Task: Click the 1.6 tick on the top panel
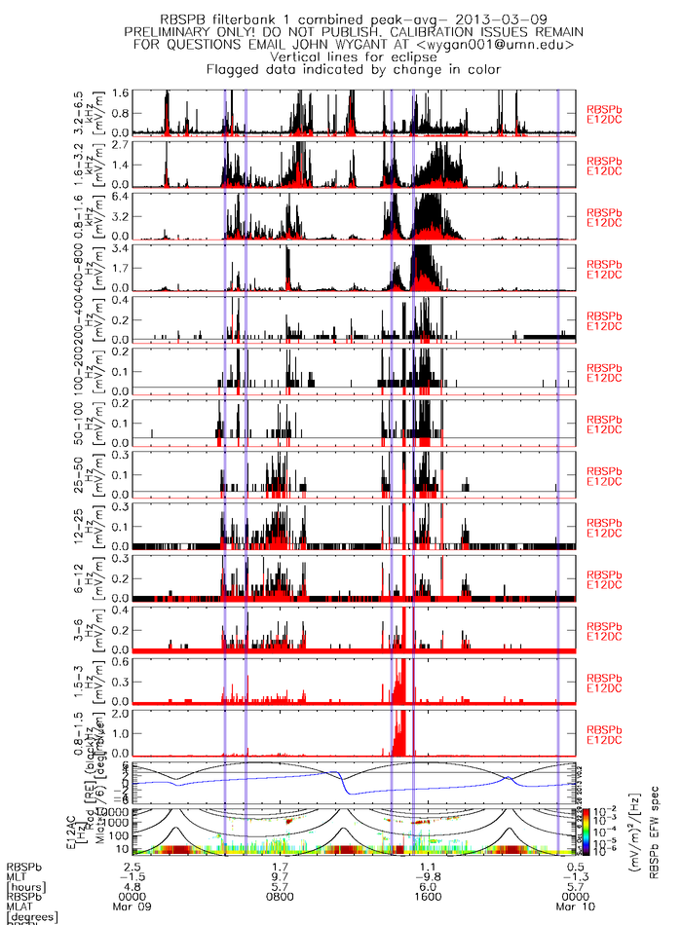coord(121,93)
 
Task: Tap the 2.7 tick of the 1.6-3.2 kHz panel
coord(121,145)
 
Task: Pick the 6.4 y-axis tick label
coord(121,197)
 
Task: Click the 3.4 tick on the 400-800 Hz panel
coord(121,249)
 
